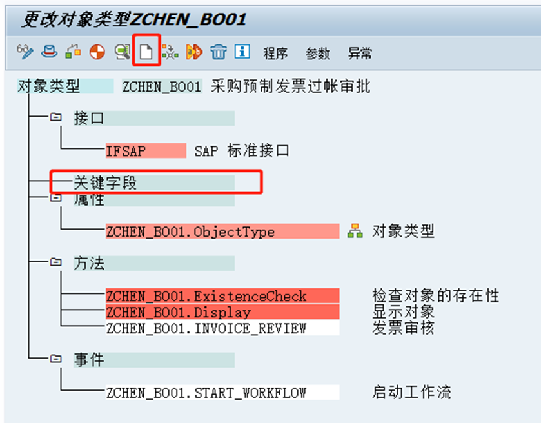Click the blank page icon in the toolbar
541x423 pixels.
click(146, 53)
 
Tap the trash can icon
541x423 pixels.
click(219, 53)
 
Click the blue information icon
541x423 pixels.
click(242, 52)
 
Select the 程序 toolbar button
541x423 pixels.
click(275, 54)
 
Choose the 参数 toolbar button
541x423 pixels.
click(317, 54)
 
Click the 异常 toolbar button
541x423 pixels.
click(360, 54)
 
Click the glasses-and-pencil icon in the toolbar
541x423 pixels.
click(25, 52)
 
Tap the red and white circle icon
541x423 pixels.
click(97, 53)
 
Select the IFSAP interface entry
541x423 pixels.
click(126, 151)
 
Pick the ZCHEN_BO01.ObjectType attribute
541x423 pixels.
click(190, 231)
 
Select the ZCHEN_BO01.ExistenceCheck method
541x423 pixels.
click(206, 297)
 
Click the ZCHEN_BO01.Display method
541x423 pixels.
click(178, 312)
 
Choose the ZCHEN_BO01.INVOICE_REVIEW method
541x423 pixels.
click(206, 328)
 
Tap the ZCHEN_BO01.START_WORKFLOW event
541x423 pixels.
click(206, 392)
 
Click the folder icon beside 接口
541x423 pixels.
click(56, 117)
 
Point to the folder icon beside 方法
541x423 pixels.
click(56, 262)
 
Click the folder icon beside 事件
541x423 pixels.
click(56, 359)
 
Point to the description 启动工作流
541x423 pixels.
click(411, 392)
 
